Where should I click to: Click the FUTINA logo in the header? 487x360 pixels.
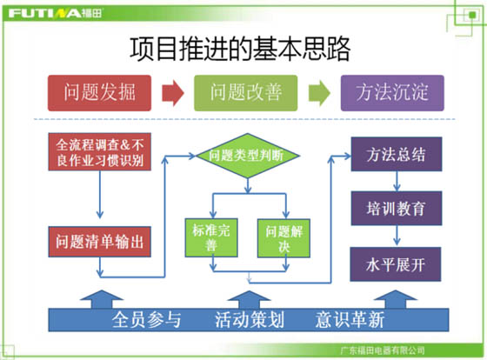pyautogui.click(x=55, y=13)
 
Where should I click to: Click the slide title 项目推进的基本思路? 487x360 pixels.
pyautogui.click(x=240, y=49)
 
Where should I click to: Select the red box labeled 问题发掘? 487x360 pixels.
pyautogui.click(x=99, y=93)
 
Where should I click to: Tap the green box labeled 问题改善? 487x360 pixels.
pyautogui.click(x=245, y=93)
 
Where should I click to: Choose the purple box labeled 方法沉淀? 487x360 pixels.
pyautogui.click(x=392, y=93)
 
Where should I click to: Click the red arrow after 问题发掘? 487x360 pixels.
pyautogui.click(x=173, y=93)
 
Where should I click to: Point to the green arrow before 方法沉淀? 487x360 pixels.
pyautogui.click(x=319, y=93)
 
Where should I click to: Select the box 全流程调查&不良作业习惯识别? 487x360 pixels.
pyautogui.click(x=100, y=152)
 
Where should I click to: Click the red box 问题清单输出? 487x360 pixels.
pyautogui.click(x=100, y=242)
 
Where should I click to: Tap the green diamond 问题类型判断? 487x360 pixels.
pyautogui.click(x=248, y=156)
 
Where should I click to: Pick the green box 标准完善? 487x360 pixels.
pyautogui.click(x=211, y=238)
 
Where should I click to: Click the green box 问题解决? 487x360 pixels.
pyautogui.click(x=284, y=238)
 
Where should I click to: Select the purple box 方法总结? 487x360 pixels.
pyautogui.click(x=397, y=154)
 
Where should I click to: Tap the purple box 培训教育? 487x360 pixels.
pyautogui.click(x=397, y=208)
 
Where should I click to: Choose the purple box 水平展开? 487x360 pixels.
pyautogui.click(x=396, y=264)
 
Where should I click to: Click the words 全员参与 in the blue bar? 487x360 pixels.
pyautogui.click(x=147, y=320)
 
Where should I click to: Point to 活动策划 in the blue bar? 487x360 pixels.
pyautogui.click(x=250, y=320)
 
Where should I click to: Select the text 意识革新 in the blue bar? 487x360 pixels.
pyautogui.click(x=350, y=320)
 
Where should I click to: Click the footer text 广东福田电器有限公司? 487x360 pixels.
pyautogui.click(x=383, y=350)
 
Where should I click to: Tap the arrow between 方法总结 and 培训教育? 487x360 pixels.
pyautogui.click(x=397, y=181)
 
